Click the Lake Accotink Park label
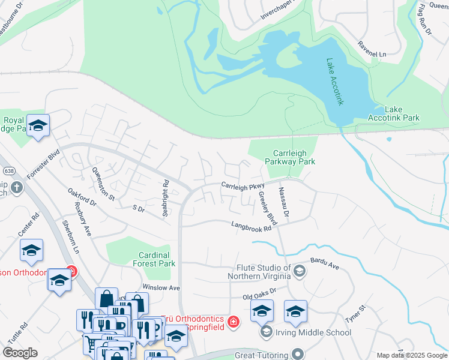(402, 113)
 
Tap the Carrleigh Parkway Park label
(290, 157)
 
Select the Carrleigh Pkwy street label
(243, 187)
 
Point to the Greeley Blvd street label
(264, 204)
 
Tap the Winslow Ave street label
(161, 288)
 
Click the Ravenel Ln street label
(372, 49)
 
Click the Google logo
(21, 353)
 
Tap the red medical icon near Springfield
(234, 323)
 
